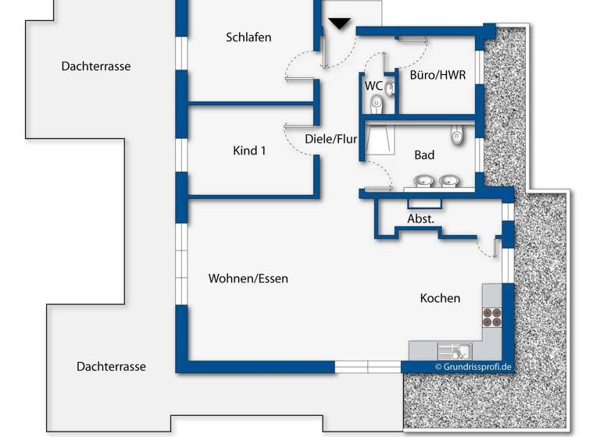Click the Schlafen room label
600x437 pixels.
coord(248,37)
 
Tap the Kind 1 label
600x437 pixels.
coord(249,151)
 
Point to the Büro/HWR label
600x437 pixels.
coord(437,76)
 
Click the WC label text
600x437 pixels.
coord(373,84)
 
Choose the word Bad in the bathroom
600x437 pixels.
coord(424,155)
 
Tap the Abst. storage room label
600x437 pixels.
coord(420,219)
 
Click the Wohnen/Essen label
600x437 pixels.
coord(248,279)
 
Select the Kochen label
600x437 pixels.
coord(440,298)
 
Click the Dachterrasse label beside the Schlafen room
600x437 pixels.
coord(96,66)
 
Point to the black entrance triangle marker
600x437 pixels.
coord(338,23)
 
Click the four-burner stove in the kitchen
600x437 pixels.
coord(491,317)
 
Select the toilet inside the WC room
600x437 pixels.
coord(377,103)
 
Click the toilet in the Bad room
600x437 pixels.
coord(458,137)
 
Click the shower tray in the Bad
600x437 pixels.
coord(380,142)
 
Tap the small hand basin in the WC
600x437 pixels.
coord(389,87)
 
